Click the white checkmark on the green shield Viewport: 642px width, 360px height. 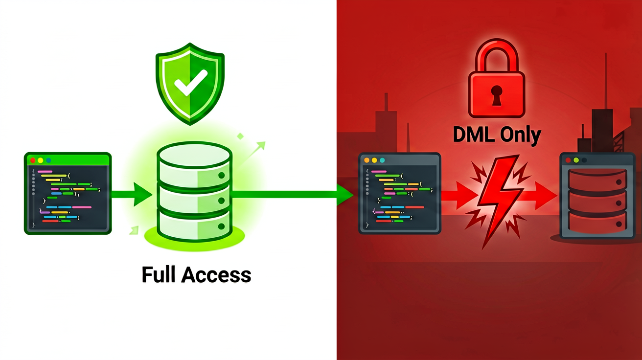tap(191, 83)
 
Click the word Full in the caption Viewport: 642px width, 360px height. tap(159, 275)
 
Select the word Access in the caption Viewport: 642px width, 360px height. tap(216, 275)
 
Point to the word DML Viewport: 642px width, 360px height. tap(474, 135)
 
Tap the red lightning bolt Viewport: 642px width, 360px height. tap(499, 201)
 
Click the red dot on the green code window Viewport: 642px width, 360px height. tap(33, 160)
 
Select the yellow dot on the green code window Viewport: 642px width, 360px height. tap(41, 160)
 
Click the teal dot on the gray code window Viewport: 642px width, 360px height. tap(382, 160)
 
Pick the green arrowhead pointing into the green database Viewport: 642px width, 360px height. tap(142, 195)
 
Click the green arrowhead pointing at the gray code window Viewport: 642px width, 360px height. tap(345, 195)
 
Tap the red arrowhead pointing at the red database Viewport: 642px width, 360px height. tap(546, 196)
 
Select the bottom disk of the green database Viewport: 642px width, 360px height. tap(195, 226)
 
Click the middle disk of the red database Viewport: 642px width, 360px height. tap(597, 202)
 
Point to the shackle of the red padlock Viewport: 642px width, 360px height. tap(497, 56)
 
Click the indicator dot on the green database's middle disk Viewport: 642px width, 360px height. tap(221, 201)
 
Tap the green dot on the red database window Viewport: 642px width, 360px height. tap(576, 160)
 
